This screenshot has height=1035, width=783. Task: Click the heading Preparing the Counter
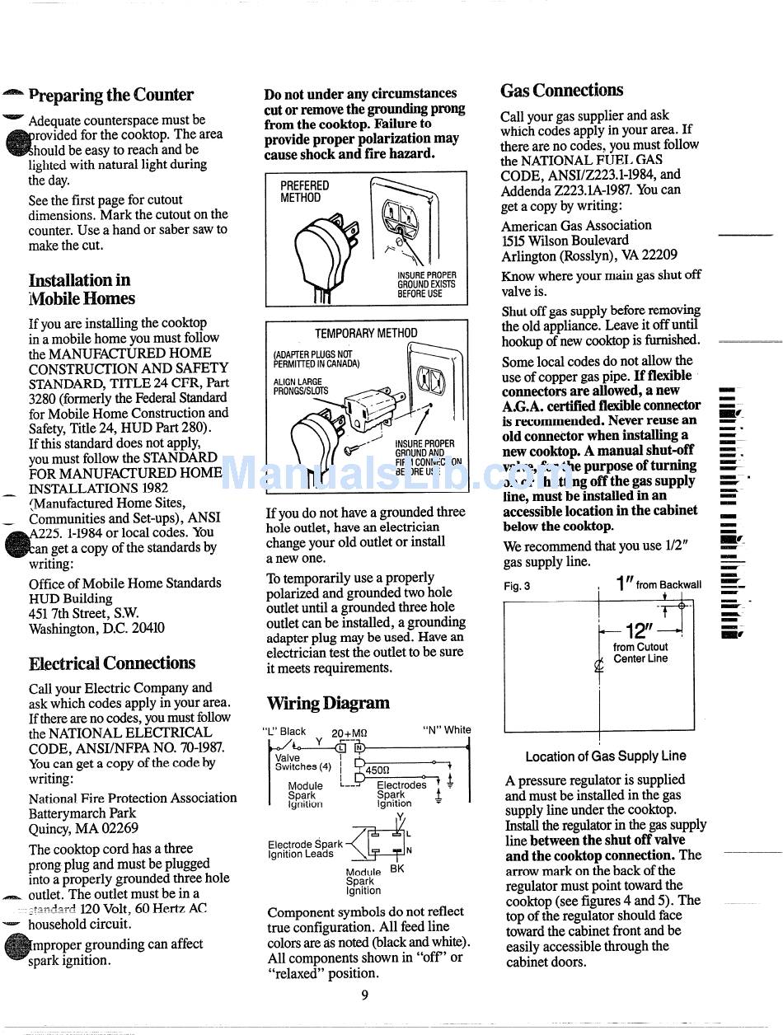point(110,95)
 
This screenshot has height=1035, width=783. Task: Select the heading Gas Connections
point(562,90)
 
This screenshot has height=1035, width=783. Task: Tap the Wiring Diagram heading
point(328,703)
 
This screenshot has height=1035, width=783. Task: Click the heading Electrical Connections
point(112,663)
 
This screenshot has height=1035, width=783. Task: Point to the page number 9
point(364,995)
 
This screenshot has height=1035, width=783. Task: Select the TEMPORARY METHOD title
point(366,333)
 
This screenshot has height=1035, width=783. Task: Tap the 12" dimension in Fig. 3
point(639,631)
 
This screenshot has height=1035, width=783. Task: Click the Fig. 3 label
point(517,587)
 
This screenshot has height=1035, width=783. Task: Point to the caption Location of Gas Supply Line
point(605,756)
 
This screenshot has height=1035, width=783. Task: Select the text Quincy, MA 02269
point(83,828)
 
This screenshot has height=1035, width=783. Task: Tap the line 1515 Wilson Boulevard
point(565,240)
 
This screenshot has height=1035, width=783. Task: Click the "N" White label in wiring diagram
point(446,729)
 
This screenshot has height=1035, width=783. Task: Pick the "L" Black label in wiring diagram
point(284,731)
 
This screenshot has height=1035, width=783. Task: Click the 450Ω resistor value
point(377,771)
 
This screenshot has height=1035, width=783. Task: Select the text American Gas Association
point(576,225)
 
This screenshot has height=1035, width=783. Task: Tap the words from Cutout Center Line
point(640,653)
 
